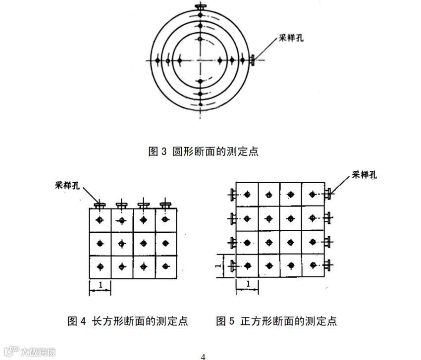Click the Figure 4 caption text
(x=128, y=321)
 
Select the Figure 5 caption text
(x=276, y=321)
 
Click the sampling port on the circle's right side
(x=253, y=60)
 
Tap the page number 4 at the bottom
(x=203, y=356)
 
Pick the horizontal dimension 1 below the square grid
(x=247, y=284)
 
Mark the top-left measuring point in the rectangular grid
(x=100, y=220)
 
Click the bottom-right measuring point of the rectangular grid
(x=165, y=266)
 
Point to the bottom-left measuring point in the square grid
(x=247, y=265)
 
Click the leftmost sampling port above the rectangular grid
(x=100, y=204)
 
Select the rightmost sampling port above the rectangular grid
(x=165, y=204)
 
